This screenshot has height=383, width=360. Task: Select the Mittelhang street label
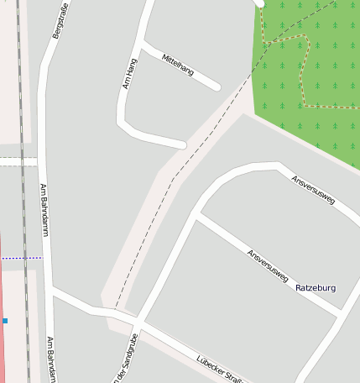tap(178, 63)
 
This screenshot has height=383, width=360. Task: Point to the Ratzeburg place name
tap(316, 288)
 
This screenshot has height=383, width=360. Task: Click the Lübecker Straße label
tap(220, 370)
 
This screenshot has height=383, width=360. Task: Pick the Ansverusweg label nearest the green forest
tap(313, 190)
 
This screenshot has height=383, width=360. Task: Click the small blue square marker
tap(4, 321)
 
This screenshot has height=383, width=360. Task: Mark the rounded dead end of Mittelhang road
tap(217, 87)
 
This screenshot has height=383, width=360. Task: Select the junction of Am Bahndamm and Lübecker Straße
tap(53, 291)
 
